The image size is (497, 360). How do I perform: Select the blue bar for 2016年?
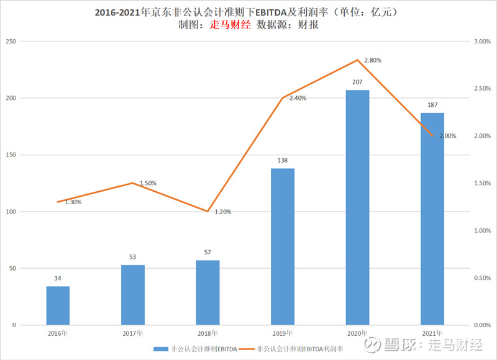pos(58,305)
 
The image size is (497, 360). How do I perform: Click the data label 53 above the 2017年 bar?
pos(133,256)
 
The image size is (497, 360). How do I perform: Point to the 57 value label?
pos(207,252)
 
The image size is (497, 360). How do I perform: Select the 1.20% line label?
pos(223,212)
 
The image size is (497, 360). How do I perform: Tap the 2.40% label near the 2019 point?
pos(298,98)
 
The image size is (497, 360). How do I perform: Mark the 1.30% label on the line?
pos(73,202)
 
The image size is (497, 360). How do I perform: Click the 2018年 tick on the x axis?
pos(207,333)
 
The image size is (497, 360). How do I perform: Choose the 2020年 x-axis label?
pos(357,333)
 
